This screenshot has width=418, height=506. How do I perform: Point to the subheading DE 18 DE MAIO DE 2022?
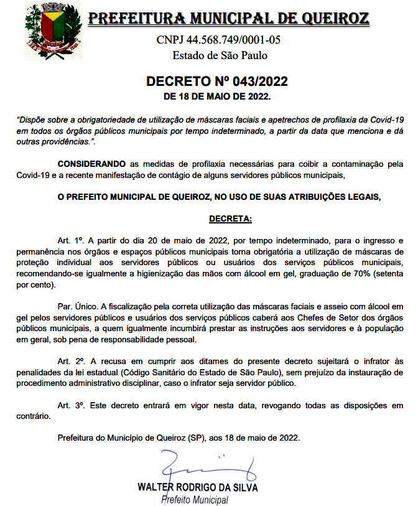click(x=217, y=96)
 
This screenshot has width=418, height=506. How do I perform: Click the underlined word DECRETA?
click(x=230, y=219)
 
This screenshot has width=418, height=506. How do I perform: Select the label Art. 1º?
click(x=70, y=240)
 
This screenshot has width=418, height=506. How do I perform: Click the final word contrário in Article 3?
click(x=33, y=417)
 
